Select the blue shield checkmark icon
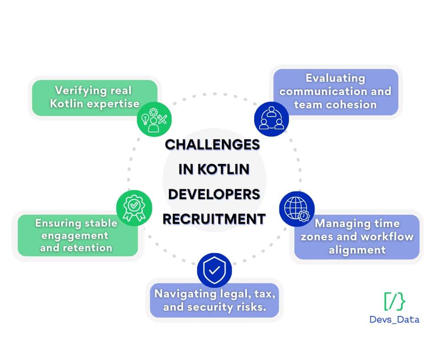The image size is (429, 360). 214,270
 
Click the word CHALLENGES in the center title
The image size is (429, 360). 212,144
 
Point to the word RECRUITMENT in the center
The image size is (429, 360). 214,219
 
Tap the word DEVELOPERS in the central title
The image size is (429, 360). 214,194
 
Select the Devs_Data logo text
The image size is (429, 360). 394,319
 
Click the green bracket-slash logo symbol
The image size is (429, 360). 394,300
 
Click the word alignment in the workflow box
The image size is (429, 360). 357,250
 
